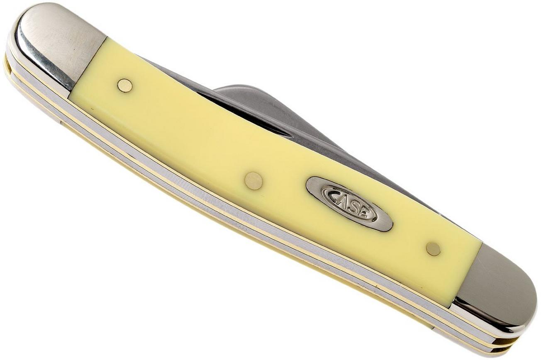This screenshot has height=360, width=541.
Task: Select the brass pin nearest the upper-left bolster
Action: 125,85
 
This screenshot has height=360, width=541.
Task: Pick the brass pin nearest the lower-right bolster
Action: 433,249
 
